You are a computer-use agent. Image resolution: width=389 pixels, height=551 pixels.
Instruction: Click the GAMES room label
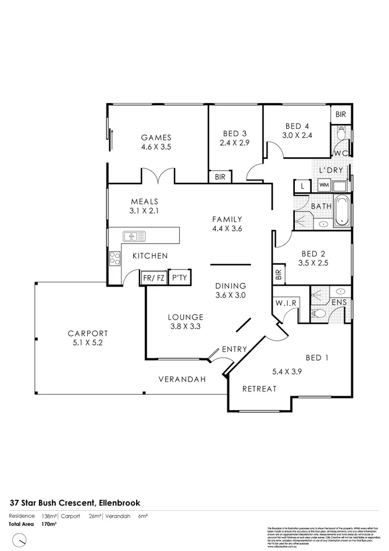coord(156,137)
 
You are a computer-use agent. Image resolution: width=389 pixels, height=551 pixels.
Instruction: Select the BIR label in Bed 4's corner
coord(341,115)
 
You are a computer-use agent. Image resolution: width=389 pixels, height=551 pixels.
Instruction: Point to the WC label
coord(340,153)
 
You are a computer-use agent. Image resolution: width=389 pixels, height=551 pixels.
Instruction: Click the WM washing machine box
coord(323,186)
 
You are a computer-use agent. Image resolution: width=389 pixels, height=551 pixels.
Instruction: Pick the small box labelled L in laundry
coord(302,186)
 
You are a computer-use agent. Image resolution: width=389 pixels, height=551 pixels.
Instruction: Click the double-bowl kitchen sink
coord(134,236)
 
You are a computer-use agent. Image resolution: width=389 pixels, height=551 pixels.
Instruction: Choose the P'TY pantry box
coord(179,278)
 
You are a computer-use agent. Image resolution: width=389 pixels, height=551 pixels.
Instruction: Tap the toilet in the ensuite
coord(318,313)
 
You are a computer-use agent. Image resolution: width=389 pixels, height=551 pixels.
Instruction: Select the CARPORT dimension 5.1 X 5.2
coord(87,342)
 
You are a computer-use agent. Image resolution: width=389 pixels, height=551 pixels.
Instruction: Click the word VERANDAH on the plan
coord(183,379)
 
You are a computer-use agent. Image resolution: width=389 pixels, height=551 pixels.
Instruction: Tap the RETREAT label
coord(259,388)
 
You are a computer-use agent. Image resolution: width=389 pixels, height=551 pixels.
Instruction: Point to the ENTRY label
coord(234,349)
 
